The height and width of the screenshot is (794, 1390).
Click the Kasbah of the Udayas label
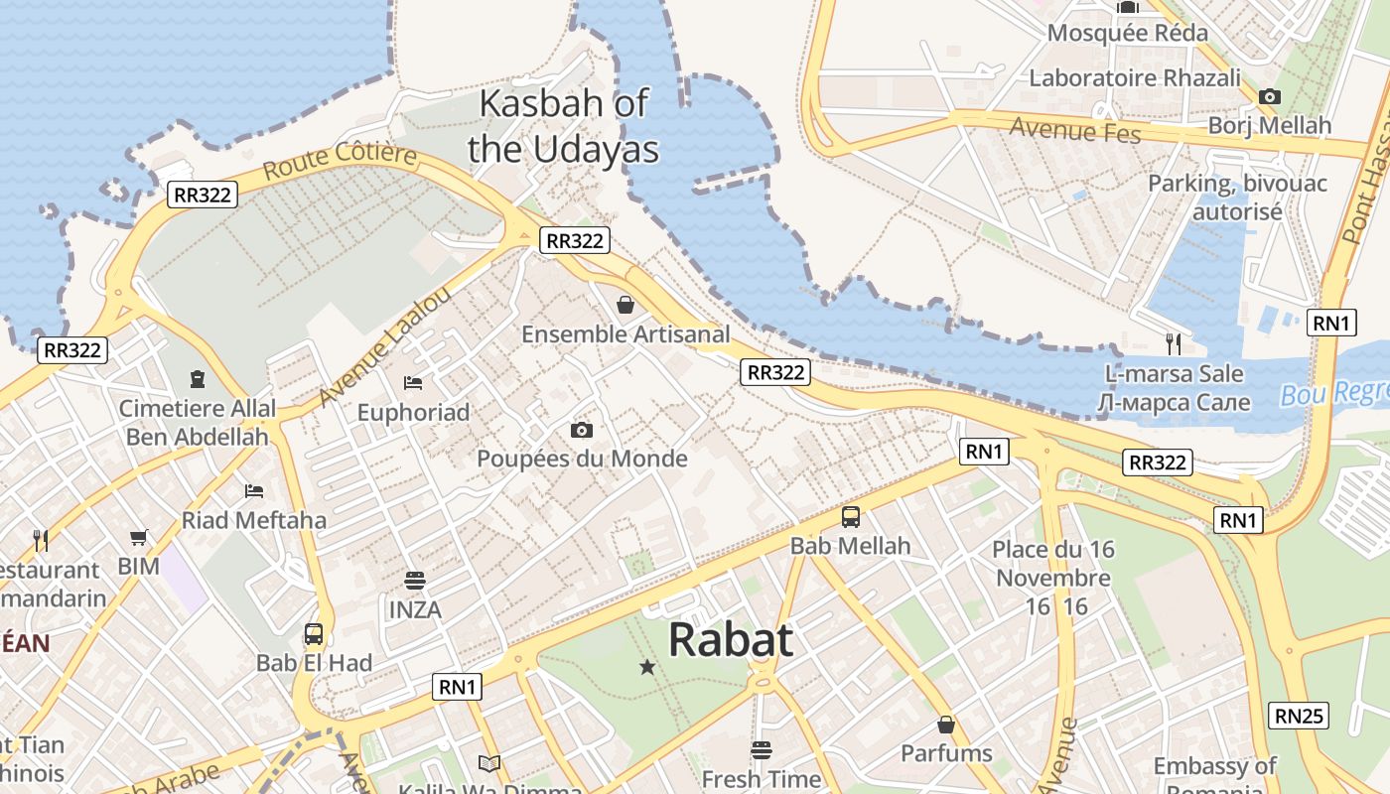[x=563, y=126]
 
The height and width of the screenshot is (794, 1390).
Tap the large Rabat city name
[x=731, y=640]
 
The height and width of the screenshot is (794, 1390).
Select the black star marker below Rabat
[x=647, y=667]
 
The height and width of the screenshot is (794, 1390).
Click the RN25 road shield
[x=1299, y=716]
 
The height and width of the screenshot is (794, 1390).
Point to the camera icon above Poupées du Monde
[x=582, y=430]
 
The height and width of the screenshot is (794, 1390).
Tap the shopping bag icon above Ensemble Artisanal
[x=625, y=304]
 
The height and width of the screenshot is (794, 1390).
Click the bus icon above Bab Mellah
[x=851, y=516]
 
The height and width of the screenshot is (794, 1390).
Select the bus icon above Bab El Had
[x=314, y=633]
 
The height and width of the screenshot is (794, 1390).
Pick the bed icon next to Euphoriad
[x=413, y=382]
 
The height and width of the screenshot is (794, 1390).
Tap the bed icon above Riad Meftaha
[x=254, y=490]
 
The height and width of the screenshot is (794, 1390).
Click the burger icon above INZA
[x=414, y=580]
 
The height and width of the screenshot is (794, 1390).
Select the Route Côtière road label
[x=340, y=162]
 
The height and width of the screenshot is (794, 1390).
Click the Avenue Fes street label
[x=1075, y=129]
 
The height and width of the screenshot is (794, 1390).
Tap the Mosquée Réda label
[x=1127, y=33]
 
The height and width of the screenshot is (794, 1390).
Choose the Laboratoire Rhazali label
[x=1135, y=77]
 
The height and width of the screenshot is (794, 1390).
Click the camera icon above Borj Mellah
[x=1269, y=96]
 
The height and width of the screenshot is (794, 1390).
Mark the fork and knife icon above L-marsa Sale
[x=1174, y=344]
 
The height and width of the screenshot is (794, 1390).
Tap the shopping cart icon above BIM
[x=139, y=537]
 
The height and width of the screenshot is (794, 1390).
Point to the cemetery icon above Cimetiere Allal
[x=198, y=379]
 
